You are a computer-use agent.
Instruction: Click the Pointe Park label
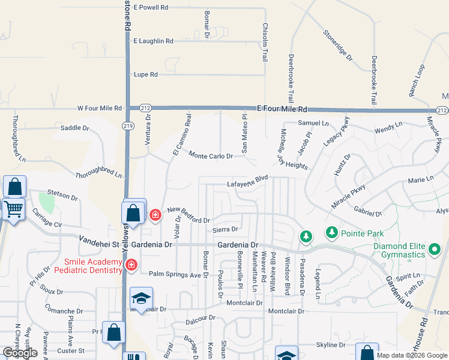click(363, 233)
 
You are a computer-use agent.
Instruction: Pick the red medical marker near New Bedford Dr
click(155, 214)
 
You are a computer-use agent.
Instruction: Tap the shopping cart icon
click(13, 211)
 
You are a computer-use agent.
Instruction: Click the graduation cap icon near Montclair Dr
click(141, 298)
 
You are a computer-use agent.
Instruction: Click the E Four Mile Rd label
click(282, 109)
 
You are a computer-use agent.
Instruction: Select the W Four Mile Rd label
click(100, 109)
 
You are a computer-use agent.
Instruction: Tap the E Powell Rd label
click(151, 7)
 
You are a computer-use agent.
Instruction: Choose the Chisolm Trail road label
click(265, 42)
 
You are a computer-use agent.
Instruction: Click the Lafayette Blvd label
click(247, 182)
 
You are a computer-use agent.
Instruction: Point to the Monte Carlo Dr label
click(211, 155)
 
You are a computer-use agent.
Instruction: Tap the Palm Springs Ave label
click(174, 275)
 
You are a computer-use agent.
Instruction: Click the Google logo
click(20, 353)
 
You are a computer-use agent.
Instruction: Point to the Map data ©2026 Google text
click(412, 355)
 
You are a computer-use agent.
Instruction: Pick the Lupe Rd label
click(145, 74)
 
